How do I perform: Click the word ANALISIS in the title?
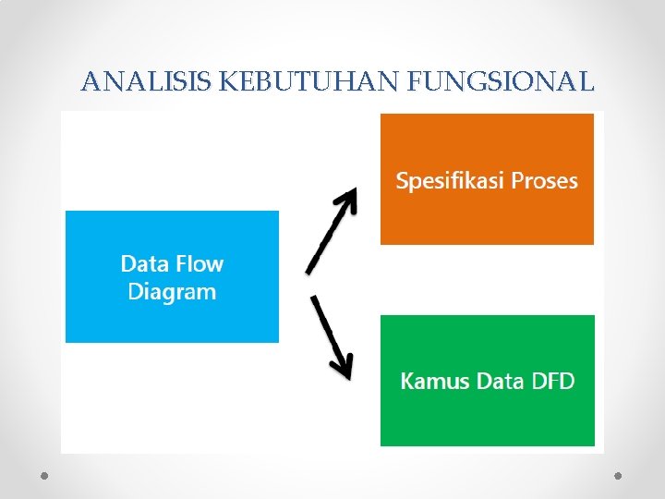click(147, 82)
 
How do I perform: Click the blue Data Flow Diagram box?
click(172, 277)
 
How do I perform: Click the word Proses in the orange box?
click(543, 180)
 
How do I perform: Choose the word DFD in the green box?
click(553, 381)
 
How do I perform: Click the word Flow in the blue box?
click(200, 263)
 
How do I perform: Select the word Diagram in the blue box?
click(172, 292)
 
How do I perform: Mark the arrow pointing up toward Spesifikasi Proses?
click(331, 231)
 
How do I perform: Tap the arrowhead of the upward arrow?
click(348, 197)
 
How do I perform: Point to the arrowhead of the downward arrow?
click(344, 368)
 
